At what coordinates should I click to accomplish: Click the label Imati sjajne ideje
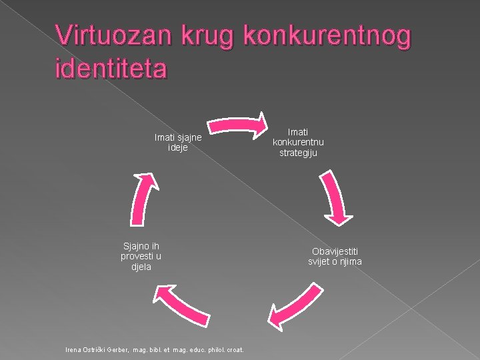tap(178, 143)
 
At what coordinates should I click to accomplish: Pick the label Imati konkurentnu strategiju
tap(298, 143)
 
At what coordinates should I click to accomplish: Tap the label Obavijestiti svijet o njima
tap(335, 256)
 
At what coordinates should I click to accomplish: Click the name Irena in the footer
tap(73, 349)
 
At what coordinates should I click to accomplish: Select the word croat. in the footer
tap(235, 349)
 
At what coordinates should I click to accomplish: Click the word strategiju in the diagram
tap(298, 153)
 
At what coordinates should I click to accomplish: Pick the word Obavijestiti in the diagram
tap(335, 251)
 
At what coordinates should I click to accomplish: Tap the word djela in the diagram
tap(141, 267)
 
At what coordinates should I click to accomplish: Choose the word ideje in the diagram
tap(178, 147)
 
